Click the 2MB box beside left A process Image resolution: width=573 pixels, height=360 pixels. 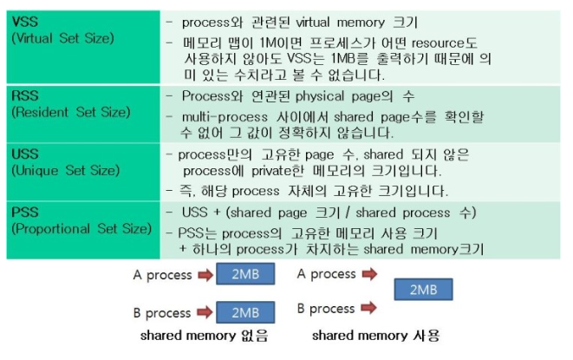coord(244,276)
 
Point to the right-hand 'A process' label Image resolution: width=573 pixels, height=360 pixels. coord(326,274)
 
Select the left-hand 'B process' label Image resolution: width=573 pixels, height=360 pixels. coord(162,313)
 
